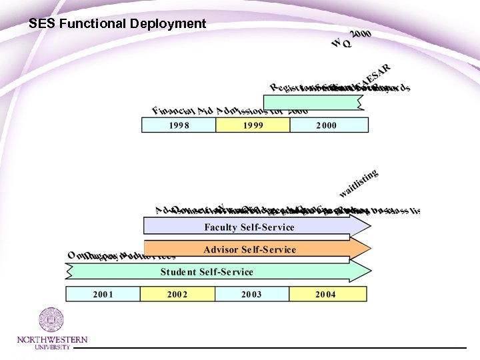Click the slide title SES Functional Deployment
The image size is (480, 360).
tap(117, 24)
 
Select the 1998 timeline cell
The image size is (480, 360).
tap(179, 125)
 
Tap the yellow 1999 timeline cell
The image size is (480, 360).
tap(253, 125)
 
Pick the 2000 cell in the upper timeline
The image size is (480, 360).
tap(327, 125)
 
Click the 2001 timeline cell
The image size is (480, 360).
tap(103, 294)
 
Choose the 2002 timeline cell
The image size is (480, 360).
tap(177, 294)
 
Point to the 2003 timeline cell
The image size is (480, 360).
tap(251, 294)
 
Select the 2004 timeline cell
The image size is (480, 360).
tap(326, 294)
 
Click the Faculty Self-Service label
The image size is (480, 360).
tap(249, 227)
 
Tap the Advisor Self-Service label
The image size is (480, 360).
tap(249, 249)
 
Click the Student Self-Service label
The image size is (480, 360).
tap(207, 271)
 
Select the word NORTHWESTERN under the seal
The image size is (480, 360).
tap(52, 340)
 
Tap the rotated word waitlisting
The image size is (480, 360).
tap(359, 183)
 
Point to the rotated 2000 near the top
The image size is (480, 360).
tap(361, 34)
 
